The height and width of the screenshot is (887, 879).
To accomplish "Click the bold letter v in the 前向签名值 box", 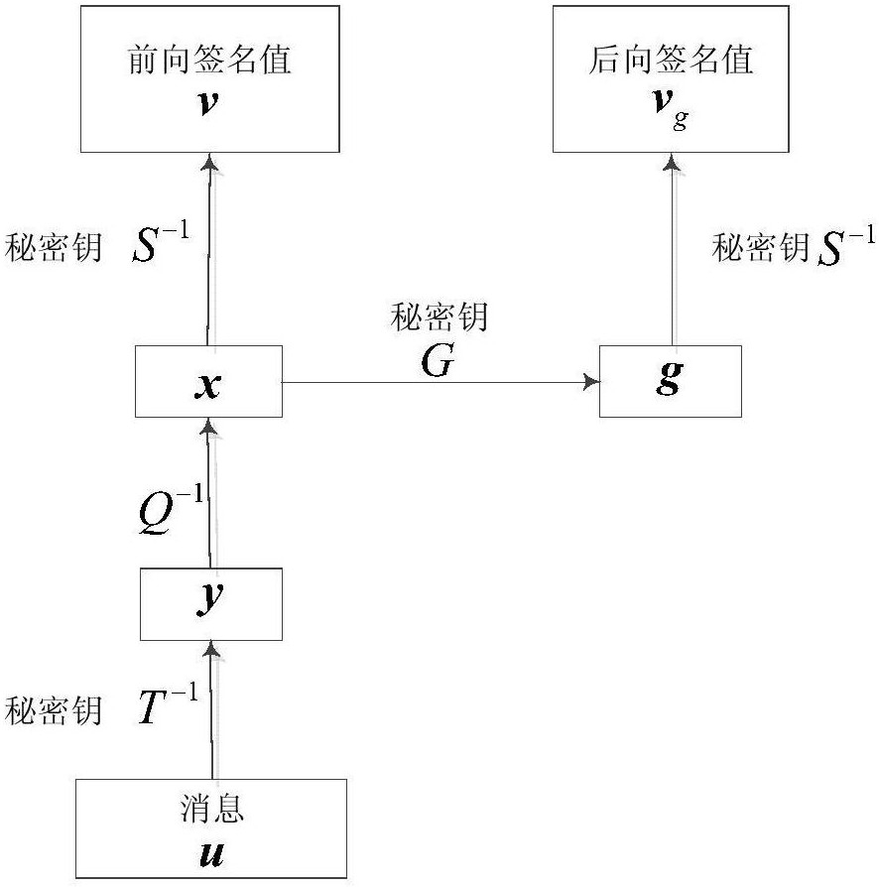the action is pos(207,103).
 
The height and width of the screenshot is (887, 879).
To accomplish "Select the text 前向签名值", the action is pos(209,60).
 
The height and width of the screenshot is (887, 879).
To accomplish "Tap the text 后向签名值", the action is pos(671,60).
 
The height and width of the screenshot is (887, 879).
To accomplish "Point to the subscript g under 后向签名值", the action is pos(681,120).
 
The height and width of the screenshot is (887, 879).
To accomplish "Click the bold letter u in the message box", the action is pos(211,854).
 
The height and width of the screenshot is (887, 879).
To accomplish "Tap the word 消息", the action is pos(211,809).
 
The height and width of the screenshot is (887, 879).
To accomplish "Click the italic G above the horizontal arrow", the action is pos(438,361).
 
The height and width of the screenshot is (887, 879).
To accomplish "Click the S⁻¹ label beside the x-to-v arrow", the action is pos(161,242).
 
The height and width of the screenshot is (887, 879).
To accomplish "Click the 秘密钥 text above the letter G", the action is pos(439,317).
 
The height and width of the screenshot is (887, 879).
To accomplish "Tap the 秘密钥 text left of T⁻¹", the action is pos(54,710).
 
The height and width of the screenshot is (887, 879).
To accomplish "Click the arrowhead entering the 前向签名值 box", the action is pos(210,162).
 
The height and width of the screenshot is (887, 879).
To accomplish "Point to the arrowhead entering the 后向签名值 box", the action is pos(672,162).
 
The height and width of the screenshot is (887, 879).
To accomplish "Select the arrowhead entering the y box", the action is pos(211,650).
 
